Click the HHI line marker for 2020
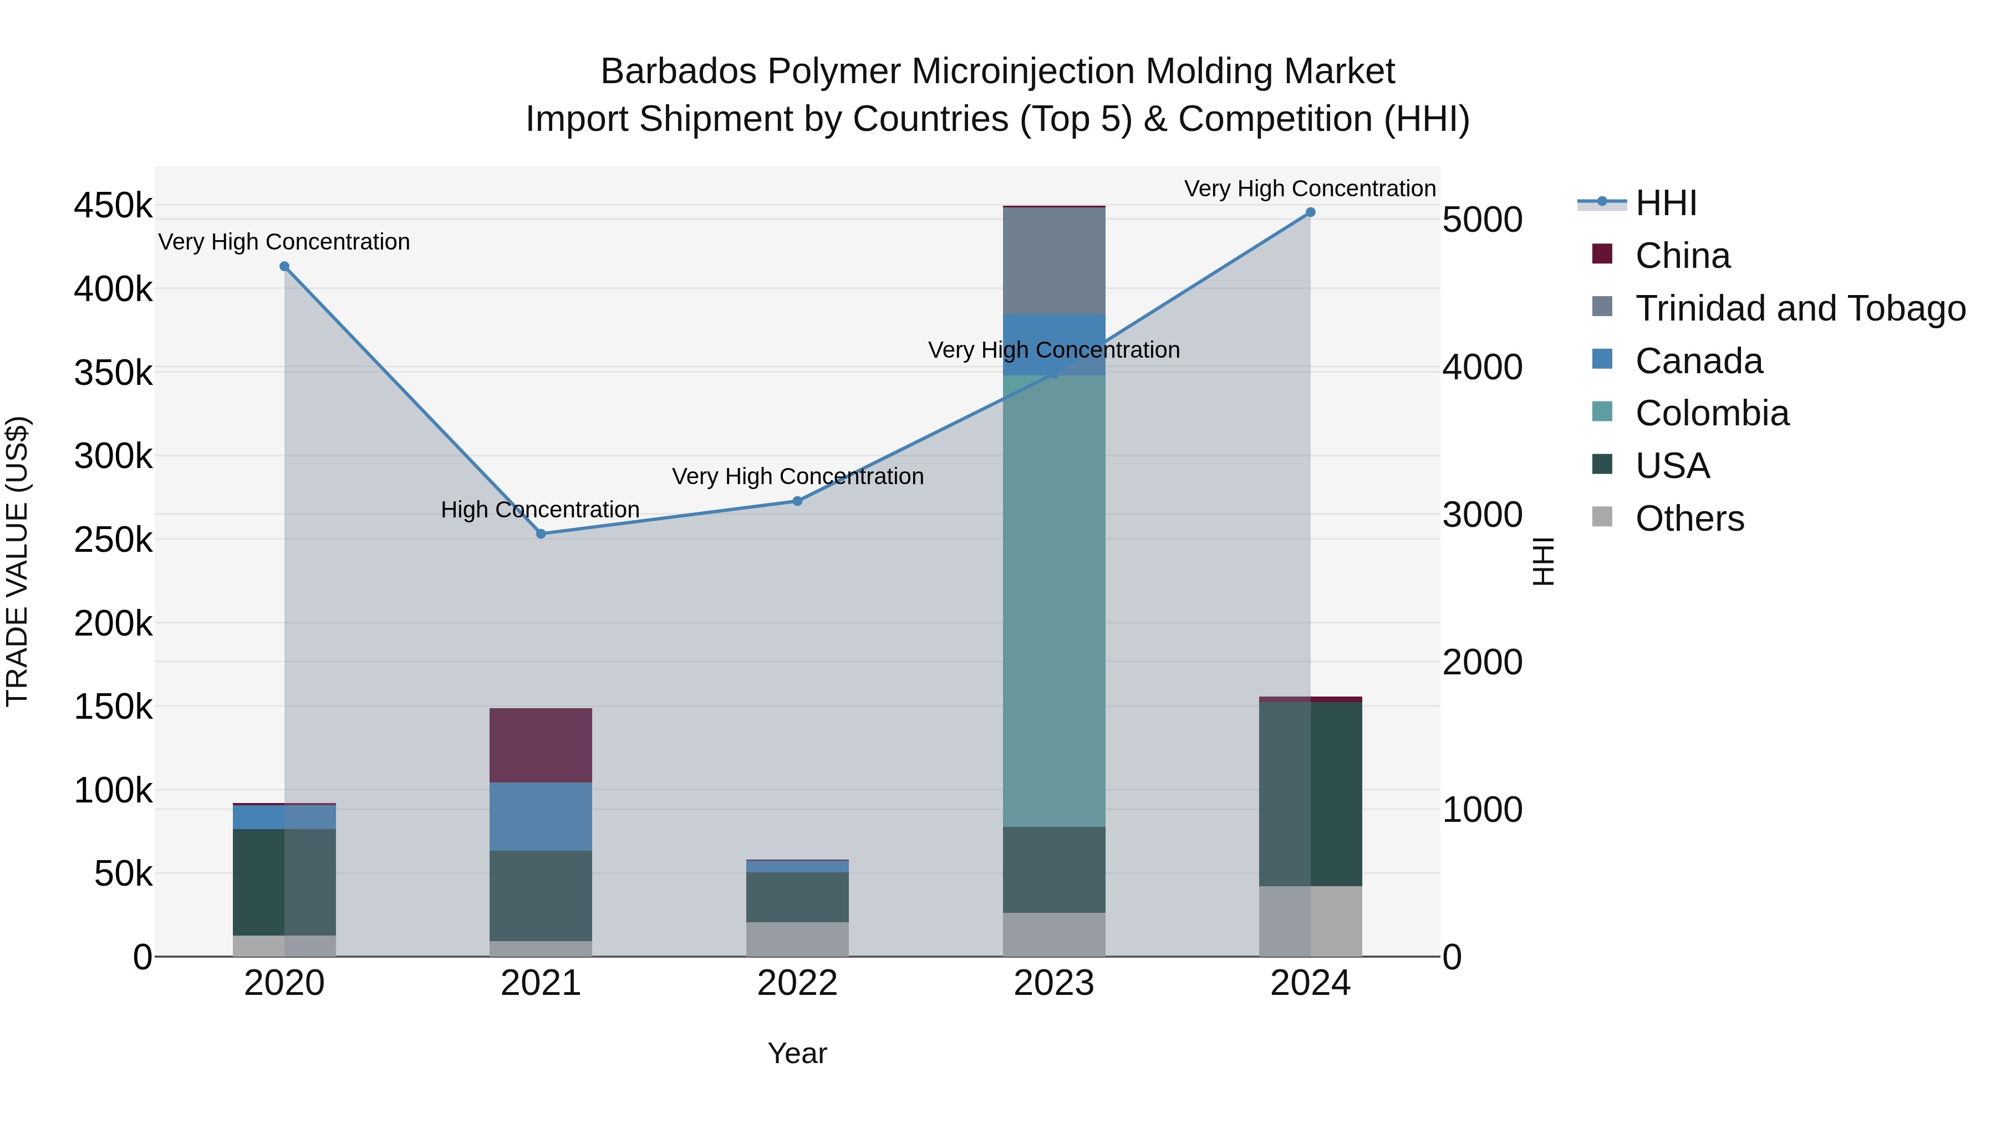point(284,267)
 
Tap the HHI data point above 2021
point(541,534)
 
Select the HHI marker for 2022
point(797,501)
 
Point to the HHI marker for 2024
point(1310,212)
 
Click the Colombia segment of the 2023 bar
point(1054,601)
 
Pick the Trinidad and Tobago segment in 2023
point(1054,261)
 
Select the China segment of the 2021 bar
point(541,745)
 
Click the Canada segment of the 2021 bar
point(541,816)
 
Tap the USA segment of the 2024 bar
point(1310,794)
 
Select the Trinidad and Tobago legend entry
point(1800,308)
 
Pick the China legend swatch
point(1602,254)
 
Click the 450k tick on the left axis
point(113,206)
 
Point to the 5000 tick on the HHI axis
point(1482,220)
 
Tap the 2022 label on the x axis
point(797,983)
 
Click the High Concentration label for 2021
point(540,510)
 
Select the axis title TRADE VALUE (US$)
point(17,561)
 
